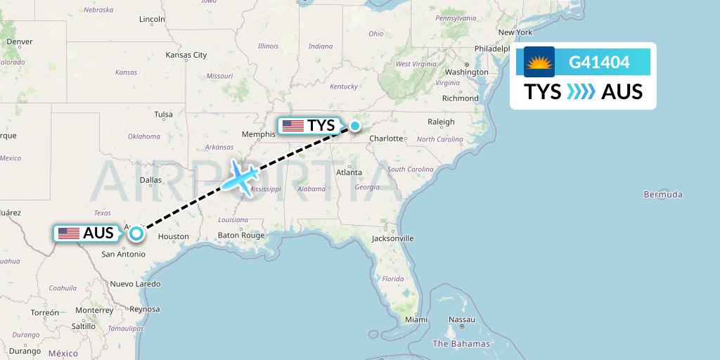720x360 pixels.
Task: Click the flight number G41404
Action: pyautogui.click(x=599, y=63)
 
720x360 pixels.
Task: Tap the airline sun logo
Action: pyautogui.click(x=539, y=62)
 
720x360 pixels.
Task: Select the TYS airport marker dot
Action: pyautogui.click(x=355, y=127)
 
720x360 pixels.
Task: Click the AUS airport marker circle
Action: pyautogui.click(x=136, y=233)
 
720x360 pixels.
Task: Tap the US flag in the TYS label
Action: pyautogui.click(x=292, y=127)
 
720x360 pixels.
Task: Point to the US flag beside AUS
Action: pyautogui.click(x=69, y=233)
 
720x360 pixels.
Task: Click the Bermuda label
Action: pyautogui.click(x=663, y=194)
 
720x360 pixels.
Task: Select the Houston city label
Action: pyautogui.click(x=174, y=236)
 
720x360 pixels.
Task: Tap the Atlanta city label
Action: pyautogui.click(x=349, y=172)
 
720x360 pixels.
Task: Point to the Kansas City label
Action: pyautogui.click(x=186, y=55)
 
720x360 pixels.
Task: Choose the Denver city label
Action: pyautogui.click(x=20, y=41)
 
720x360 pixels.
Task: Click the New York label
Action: pyautogui.click(x=515, y=32)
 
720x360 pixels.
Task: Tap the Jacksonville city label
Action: pyautogui.click(x=394, y=238)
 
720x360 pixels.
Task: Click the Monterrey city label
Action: pyautogui.click(x=94, y=309)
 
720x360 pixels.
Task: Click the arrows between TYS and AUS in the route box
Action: pyautogui.click(x=581, y=91)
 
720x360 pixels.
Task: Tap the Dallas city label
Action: pyautogui.click(x=150, y=180)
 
